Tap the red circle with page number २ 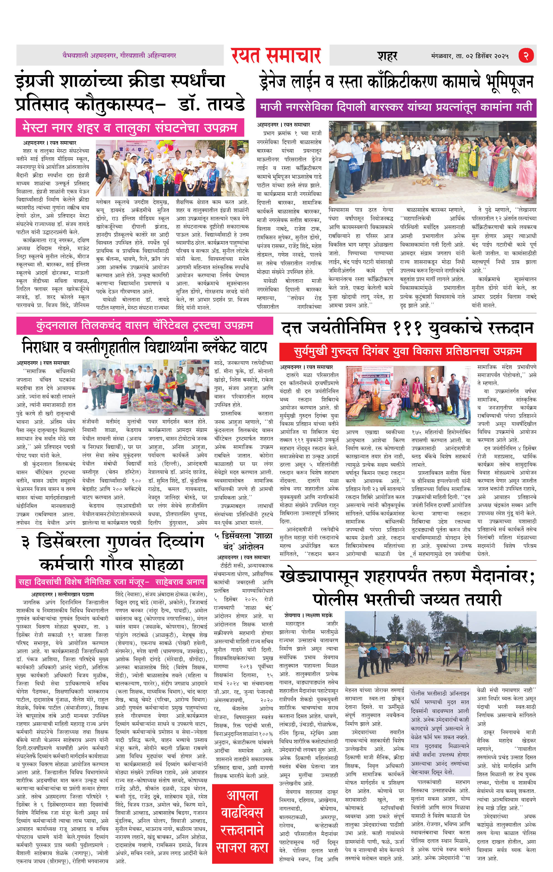526,55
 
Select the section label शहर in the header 387,56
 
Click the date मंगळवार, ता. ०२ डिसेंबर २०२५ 470,56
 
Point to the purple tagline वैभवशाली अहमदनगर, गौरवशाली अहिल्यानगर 119,55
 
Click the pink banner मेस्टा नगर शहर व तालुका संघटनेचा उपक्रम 130,128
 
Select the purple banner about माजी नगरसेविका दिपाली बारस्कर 396,108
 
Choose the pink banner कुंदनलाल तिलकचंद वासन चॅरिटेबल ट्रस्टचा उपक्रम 144,325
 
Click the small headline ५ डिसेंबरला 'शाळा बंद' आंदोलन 242,541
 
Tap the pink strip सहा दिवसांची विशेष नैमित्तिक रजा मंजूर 111,582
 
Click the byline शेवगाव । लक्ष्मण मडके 308,615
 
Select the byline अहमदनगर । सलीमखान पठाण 62,594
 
